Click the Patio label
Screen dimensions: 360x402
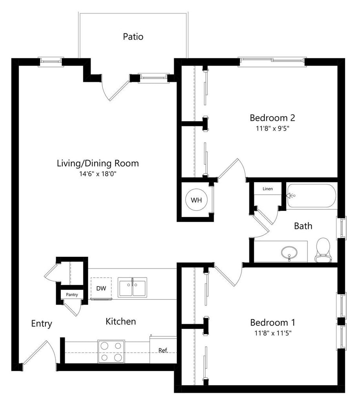[x=133, y=37]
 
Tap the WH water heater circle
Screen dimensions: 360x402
[x=196, y=200]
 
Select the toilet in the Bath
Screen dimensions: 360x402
[x=323, y=250]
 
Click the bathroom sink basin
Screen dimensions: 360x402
[x=289, y=253]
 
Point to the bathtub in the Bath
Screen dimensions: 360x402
[x=311, y=196]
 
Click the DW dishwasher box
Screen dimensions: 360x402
[x=101, y=288]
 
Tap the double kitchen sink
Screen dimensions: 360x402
[x=133, y=287]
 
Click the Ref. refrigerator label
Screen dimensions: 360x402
[x=163, y=350]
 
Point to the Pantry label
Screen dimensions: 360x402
[x=72, y=294]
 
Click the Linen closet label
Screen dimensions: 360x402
[x=267, y=189]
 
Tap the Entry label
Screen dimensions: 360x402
[x=42, y=323]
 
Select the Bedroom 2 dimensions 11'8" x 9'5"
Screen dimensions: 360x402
[x=273, y=128]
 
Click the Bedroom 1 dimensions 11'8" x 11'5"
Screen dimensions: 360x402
[x=273, y=333]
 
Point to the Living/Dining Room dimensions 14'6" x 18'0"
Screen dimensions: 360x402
[x=98, y=174]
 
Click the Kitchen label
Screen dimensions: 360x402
[x=121, y=322]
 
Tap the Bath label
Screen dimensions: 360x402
[x=303, y=226]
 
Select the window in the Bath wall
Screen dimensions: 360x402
[x=341, y=228]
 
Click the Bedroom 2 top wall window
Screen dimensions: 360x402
[x=272, y=61]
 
